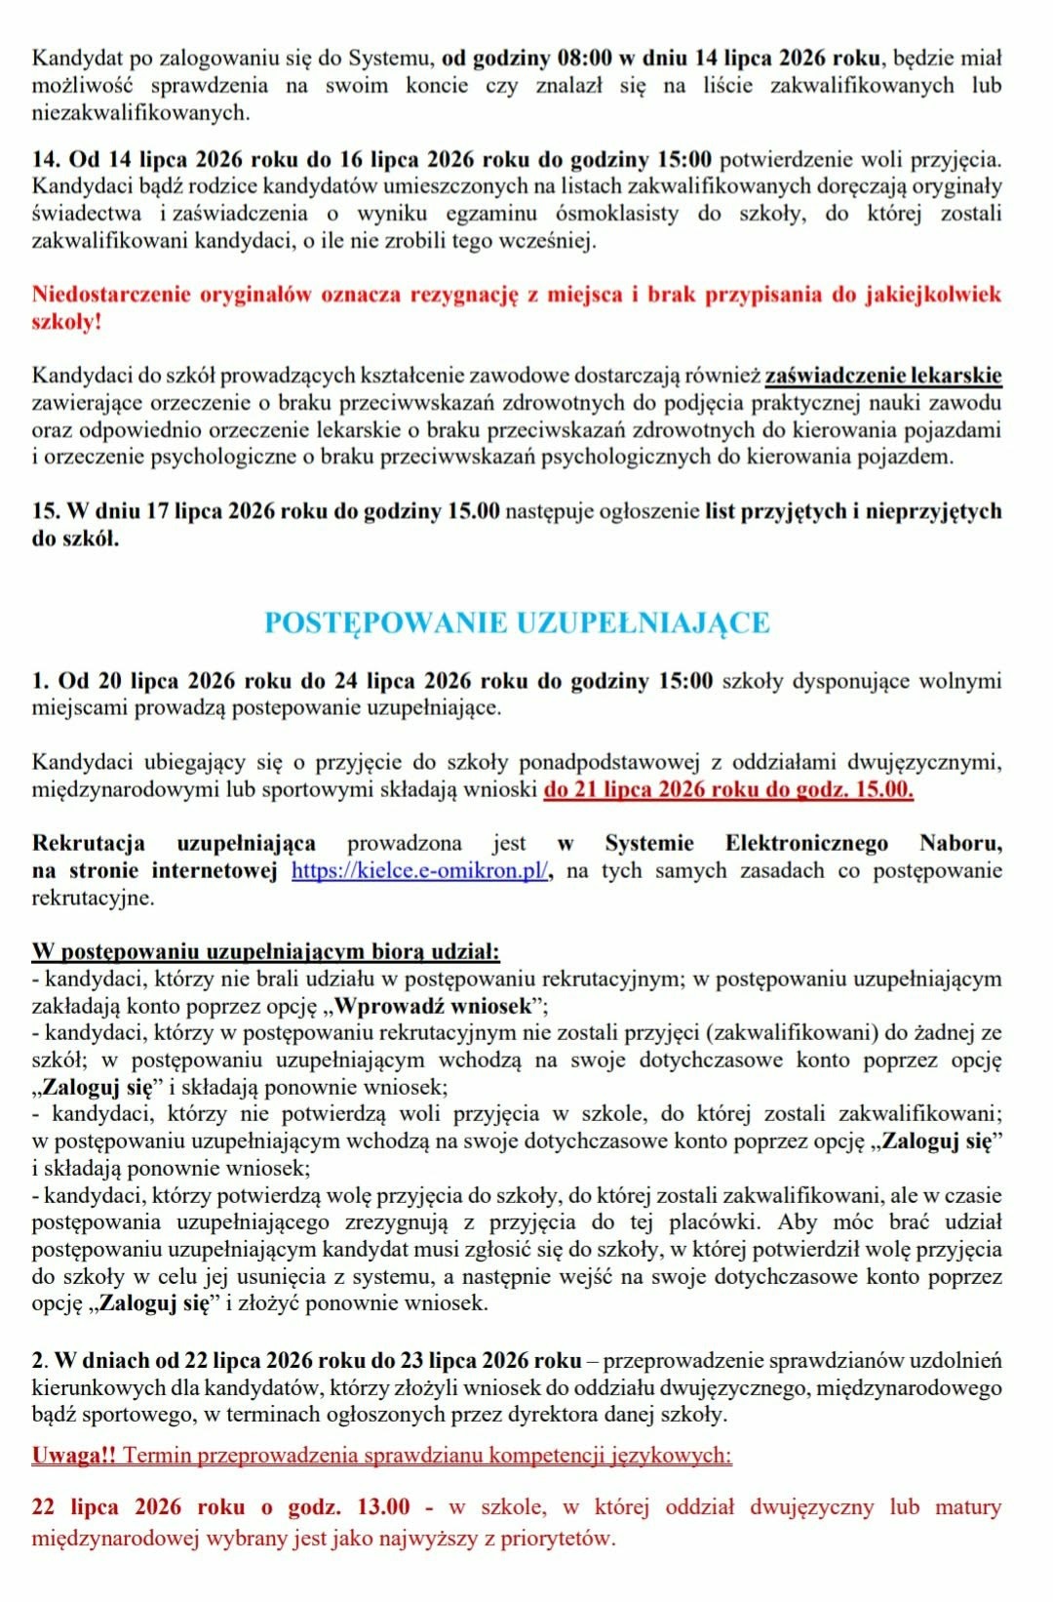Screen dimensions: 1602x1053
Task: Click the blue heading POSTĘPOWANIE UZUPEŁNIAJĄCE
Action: [517, 622]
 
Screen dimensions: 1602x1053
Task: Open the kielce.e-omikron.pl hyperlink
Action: [419, 870]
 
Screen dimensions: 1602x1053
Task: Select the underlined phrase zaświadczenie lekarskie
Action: [883, 376]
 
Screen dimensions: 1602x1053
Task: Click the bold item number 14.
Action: [46, 159]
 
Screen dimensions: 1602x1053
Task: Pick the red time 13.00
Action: [383, 1506]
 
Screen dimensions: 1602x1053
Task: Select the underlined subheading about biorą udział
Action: [265, 951]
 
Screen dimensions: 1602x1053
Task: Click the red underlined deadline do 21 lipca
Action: [728, 789]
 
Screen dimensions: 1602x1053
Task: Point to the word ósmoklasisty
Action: [616, 214]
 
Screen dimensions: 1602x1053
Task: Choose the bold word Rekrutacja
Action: [89, 843]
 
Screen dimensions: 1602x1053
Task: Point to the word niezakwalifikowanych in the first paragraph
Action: [140, 113]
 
